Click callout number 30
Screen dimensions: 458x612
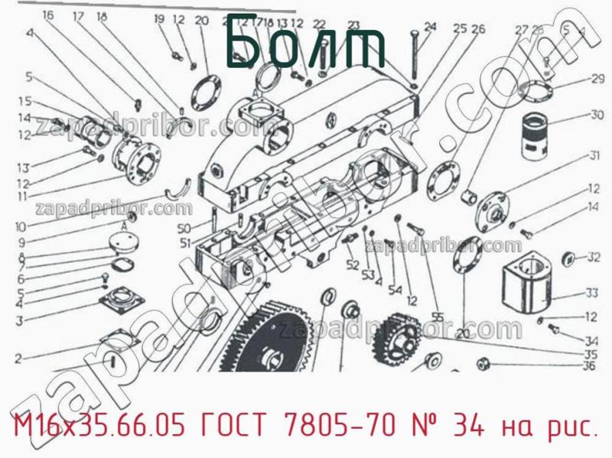(x=597, y=115)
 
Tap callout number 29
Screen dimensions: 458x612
(x=597, y=77)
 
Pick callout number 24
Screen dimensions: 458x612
(x=429, y=28)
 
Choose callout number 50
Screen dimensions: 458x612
(x=183, y=229)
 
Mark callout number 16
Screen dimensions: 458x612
(x=48, y=15)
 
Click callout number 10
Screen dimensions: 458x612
(x=19, y=226)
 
